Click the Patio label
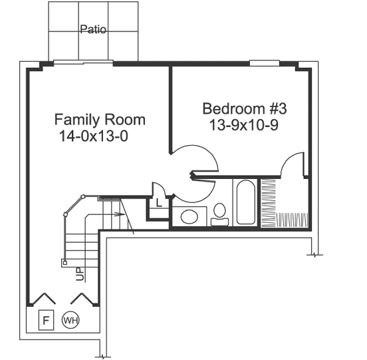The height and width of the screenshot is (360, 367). click(93, 29)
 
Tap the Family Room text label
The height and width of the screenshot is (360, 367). click(100, 120)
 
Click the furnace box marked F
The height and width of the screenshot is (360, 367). click(46, 319)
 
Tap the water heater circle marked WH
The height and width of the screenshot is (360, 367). click(70, 320)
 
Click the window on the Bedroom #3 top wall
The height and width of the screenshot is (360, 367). click(264, 63)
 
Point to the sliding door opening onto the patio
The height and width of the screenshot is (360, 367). click(82, 63)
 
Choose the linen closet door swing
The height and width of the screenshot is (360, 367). click(158, 189)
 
